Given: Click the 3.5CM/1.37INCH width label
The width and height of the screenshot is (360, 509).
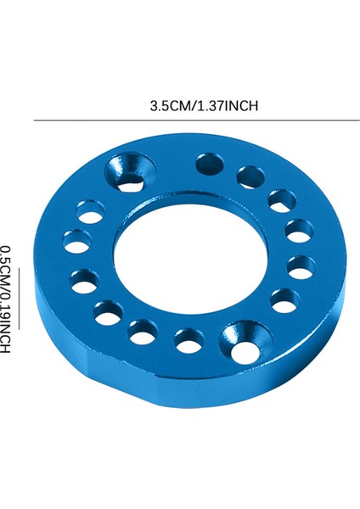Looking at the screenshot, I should pos(204,106).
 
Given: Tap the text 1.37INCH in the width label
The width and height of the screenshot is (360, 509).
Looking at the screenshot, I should pos(228,106).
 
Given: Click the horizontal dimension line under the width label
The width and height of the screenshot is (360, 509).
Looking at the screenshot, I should pos(195,120).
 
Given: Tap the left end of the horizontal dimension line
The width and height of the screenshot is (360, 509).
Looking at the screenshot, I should pos(35,120).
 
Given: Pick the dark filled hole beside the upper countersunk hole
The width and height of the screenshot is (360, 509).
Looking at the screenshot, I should pos(208,164).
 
